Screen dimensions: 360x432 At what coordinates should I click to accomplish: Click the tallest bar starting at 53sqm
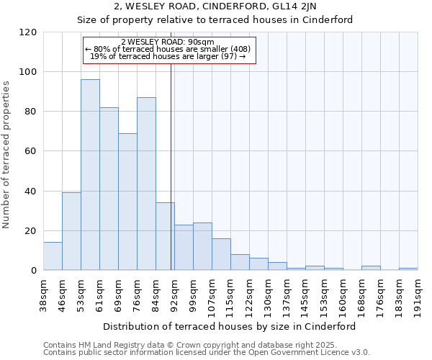[90, 175]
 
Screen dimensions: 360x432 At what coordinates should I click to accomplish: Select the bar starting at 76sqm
[146, 184]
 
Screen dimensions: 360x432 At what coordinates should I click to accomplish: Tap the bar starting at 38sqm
[53, 256]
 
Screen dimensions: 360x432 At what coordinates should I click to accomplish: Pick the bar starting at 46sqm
[71, 231]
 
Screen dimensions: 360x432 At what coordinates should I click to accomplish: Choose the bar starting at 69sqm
[127, 202]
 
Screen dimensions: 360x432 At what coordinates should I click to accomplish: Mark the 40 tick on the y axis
[31, 192]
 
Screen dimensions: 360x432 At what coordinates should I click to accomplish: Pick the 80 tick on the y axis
[31, 112]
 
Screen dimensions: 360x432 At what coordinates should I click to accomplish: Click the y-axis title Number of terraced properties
[7, 155]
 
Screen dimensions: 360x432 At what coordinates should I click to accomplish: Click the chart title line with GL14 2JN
[215, 6]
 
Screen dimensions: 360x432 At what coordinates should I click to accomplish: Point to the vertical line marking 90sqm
[171, 166]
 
